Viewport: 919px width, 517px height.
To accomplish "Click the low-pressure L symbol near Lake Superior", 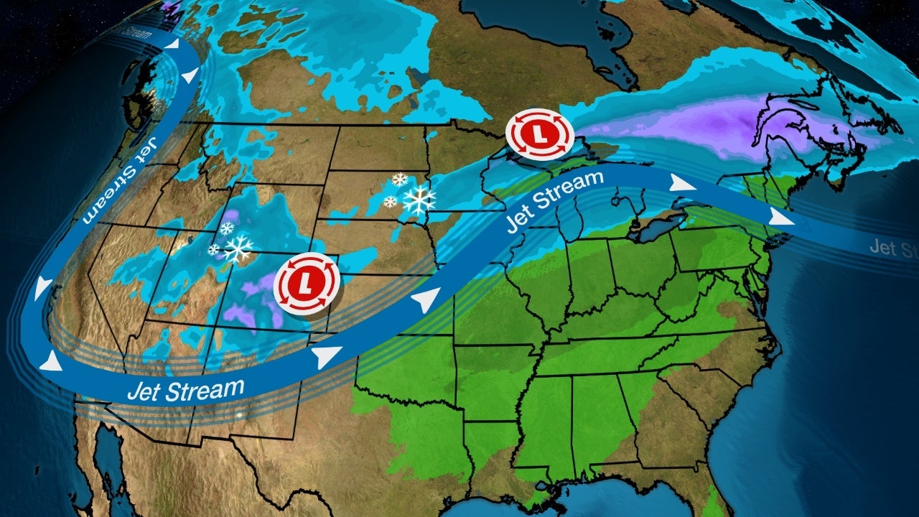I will [539, 134].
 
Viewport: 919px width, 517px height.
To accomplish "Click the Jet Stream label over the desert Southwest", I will [185, 390].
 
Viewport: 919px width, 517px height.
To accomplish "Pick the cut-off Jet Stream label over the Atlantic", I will [892, 248].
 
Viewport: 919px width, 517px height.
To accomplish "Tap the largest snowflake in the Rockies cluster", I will [238, 248].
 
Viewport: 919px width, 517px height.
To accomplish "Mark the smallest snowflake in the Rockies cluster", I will [214, 250].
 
